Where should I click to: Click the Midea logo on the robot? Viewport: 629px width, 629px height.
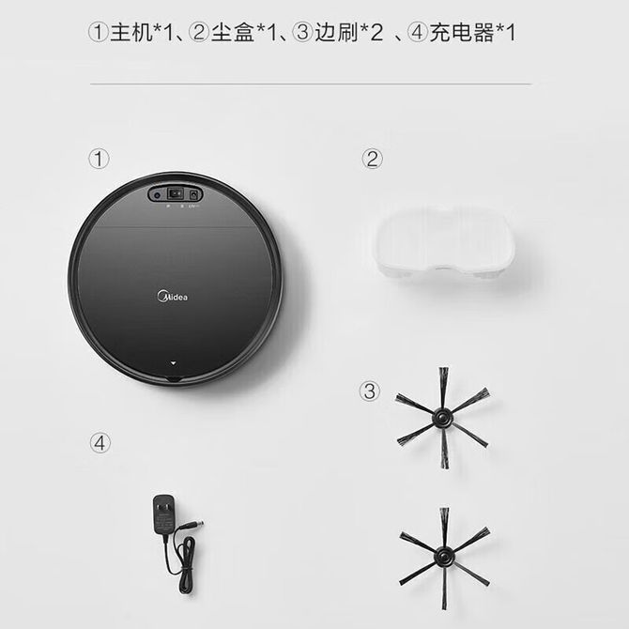tap(172, 297)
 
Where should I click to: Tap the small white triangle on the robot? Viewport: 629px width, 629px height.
tap(174, 362)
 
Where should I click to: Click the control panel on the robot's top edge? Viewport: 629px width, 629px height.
tap(176, 194)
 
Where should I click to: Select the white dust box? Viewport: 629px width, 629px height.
tap(445, 243)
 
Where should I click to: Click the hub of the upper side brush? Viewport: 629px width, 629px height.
tap(442, 418)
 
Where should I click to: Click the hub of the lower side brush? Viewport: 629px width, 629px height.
tap(443, 557)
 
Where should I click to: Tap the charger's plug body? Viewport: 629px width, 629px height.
tap(163, 516)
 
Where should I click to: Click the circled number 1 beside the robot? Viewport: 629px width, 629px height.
tap(99, 159)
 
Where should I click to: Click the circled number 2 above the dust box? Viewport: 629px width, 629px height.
tap(373, 159)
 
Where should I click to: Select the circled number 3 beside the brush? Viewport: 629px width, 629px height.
tap(370, 391)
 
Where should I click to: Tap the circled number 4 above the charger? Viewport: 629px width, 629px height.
tap(100, 443)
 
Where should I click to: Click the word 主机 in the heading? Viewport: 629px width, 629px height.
tap(131, 32)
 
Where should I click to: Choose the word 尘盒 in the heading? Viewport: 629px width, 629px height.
tap(233, 32)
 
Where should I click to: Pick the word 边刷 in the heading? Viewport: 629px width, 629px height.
tap(336, 32)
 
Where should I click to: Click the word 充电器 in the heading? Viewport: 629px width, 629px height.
tap(462, 32)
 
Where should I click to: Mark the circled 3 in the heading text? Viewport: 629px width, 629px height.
tap(302, 32)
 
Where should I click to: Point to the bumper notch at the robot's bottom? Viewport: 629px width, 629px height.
tap(174, 378)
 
